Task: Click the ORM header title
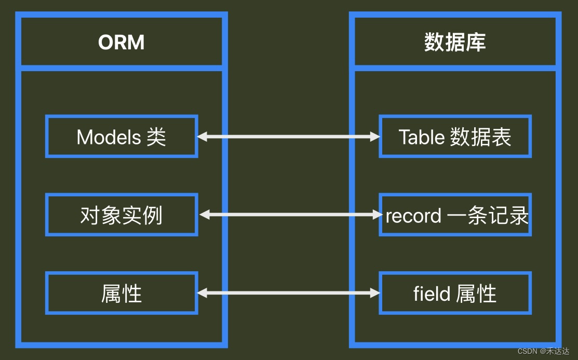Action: click(122, 42)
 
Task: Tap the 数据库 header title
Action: click(455, 42)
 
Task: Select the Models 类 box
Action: click(122, 137)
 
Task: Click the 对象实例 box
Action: click(122, 215)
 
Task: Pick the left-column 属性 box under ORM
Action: click(122, 294)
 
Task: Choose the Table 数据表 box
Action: click(455, 137)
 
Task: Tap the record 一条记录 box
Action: click(455, 215)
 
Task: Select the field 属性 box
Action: click(455, 294)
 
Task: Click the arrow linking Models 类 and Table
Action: click(289, 137)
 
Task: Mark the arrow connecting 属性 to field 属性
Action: click(289, 293)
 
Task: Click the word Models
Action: click(109, 137)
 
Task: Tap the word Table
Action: click(421, 137)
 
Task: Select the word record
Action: click(413, 216)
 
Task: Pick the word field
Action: click(432, 294)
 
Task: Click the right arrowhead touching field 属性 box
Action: click(375, 293)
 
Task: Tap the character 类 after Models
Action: click(156, 137)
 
